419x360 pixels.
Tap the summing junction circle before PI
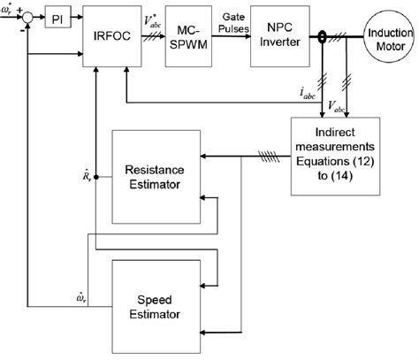coord(30,17)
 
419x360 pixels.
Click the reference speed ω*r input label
coord(9,8)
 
